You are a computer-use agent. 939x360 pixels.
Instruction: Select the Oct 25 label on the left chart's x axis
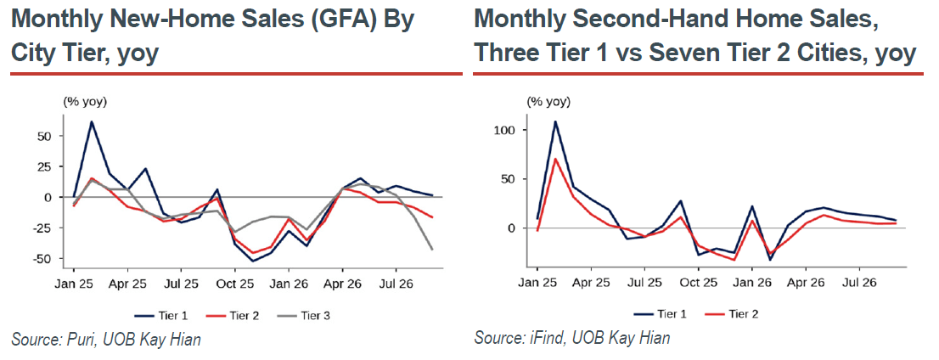point(234,284)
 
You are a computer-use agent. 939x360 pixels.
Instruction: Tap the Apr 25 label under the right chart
point(590,281)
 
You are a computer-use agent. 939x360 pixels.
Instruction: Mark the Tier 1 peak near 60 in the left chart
point(92,121)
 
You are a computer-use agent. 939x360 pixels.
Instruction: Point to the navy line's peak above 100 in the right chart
point(555,121)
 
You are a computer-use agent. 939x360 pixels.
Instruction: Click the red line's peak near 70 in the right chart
point(555,159)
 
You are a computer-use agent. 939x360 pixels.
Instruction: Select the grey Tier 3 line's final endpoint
point(433,249)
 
